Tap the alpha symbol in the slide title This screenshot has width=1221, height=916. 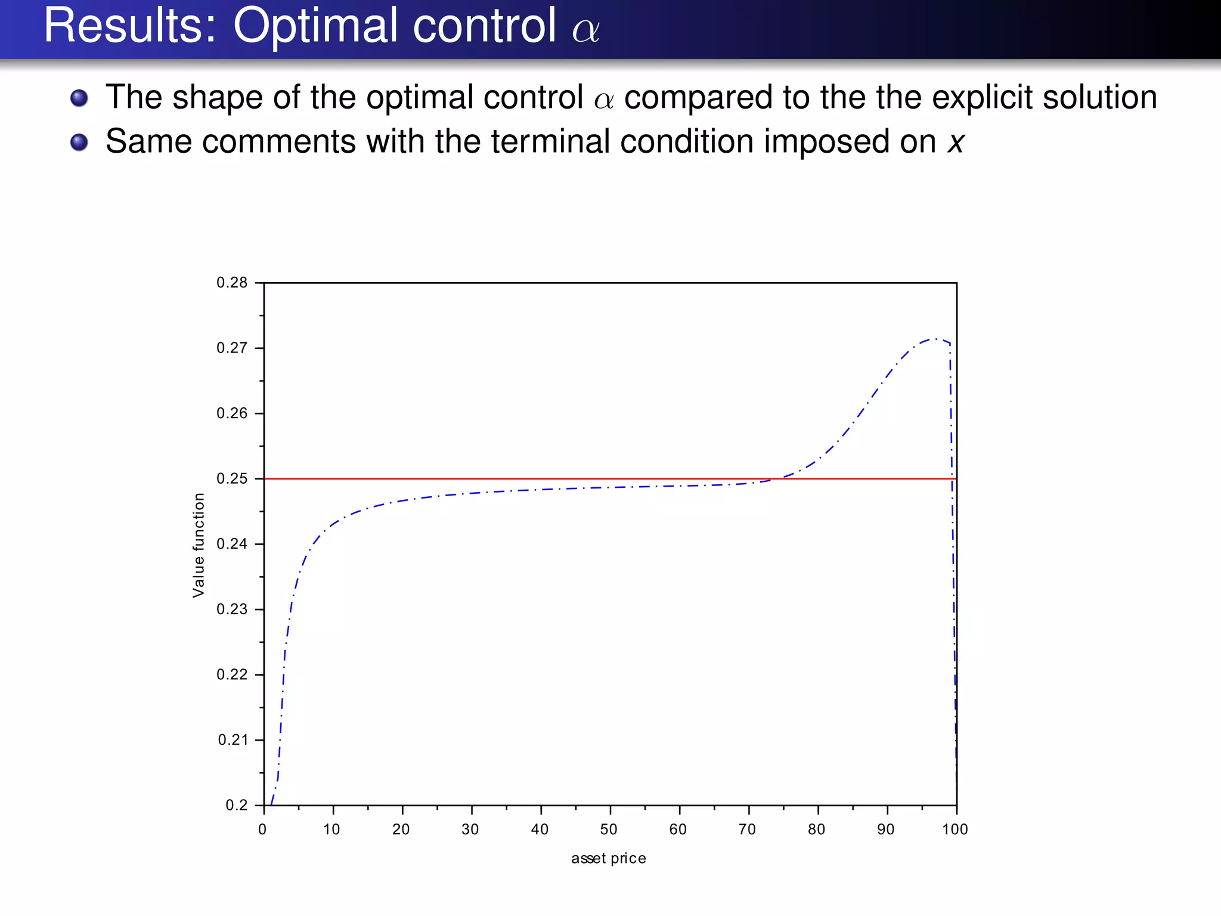coord(586,30)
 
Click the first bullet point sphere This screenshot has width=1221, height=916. coord(79,98)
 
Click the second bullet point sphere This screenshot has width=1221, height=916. coord(79,143)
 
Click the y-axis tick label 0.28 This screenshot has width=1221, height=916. coord(232,283)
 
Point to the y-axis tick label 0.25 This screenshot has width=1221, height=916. coord(232,479)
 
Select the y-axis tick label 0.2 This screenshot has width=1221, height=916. coord(236,805)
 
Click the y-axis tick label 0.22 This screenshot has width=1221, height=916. coord(232,674)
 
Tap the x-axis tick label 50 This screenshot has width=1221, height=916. coord(609,830)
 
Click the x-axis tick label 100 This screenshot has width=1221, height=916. coord(955,830)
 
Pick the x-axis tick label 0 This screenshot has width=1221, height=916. coord(262,830)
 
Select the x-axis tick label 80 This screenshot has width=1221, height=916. coord(816,830)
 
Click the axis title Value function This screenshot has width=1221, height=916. coord(199,545)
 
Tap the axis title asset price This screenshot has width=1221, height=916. coord(608,858)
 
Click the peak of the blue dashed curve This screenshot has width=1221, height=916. coord(934,339)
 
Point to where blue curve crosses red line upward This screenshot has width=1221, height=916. coord(775,478)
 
